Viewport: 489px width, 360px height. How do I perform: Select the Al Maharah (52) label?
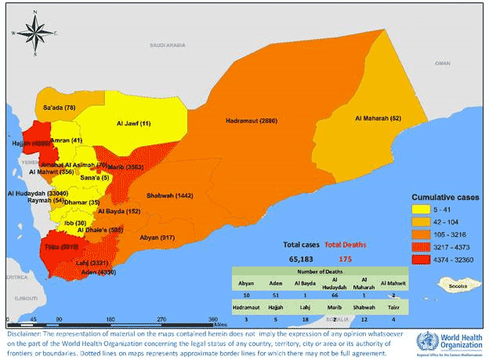click(379, 118)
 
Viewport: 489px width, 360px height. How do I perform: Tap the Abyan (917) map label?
click(158, 237)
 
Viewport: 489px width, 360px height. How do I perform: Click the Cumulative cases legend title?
click(446, 197)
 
